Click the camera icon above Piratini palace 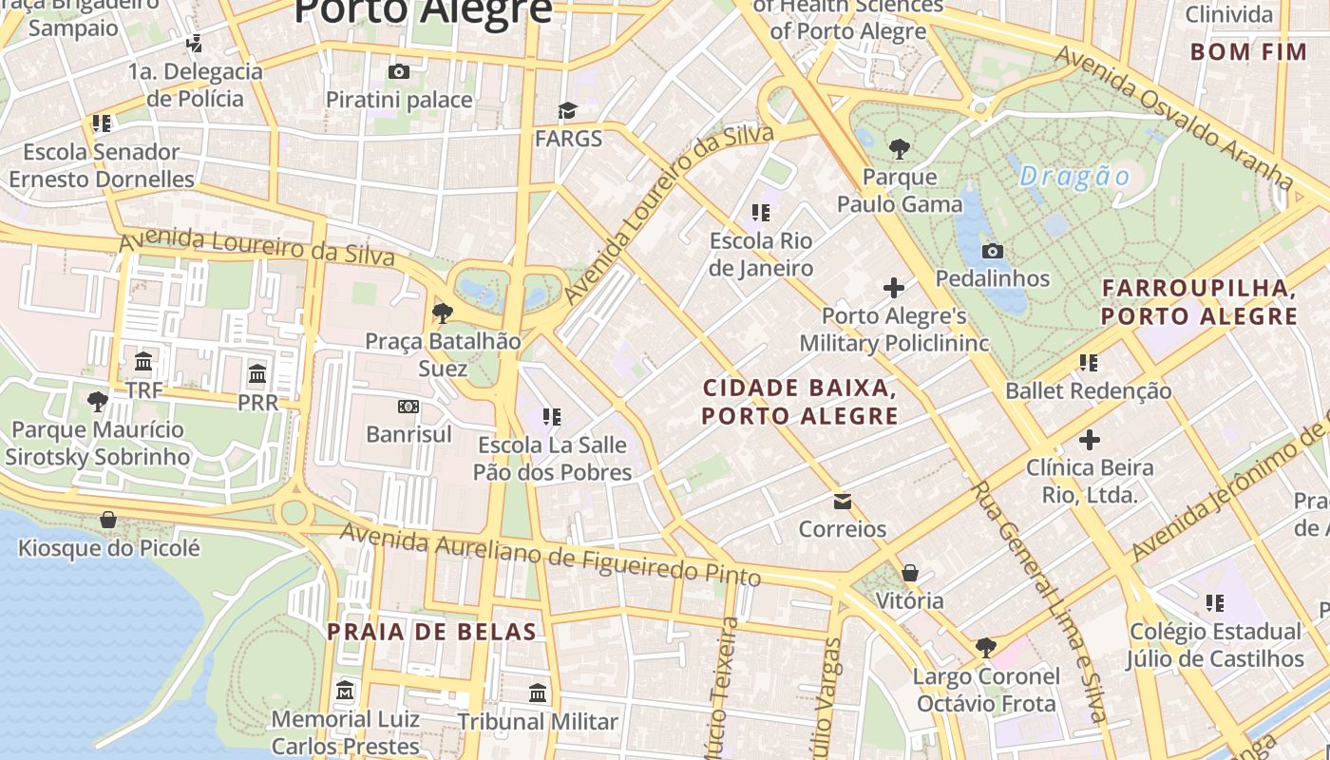(399, 71)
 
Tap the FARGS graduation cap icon (567, 111)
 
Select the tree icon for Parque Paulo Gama (899, 148)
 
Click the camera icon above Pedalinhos (993, 251)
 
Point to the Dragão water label (1074, 177)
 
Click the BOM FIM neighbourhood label (1248, 51)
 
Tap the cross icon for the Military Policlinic (893, 287)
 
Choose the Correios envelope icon (842, 501)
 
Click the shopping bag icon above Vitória (909, 573)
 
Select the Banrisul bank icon (408, 407)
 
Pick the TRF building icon (143, 362)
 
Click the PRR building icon (257, 373)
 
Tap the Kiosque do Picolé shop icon (108, 520)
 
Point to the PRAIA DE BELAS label (431, 632)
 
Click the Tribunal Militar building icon (538, 693)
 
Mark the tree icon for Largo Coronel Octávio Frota (985, 648)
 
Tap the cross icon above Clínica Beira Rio (1089, 439)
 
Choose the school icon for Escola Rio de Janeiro (760, 212)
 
